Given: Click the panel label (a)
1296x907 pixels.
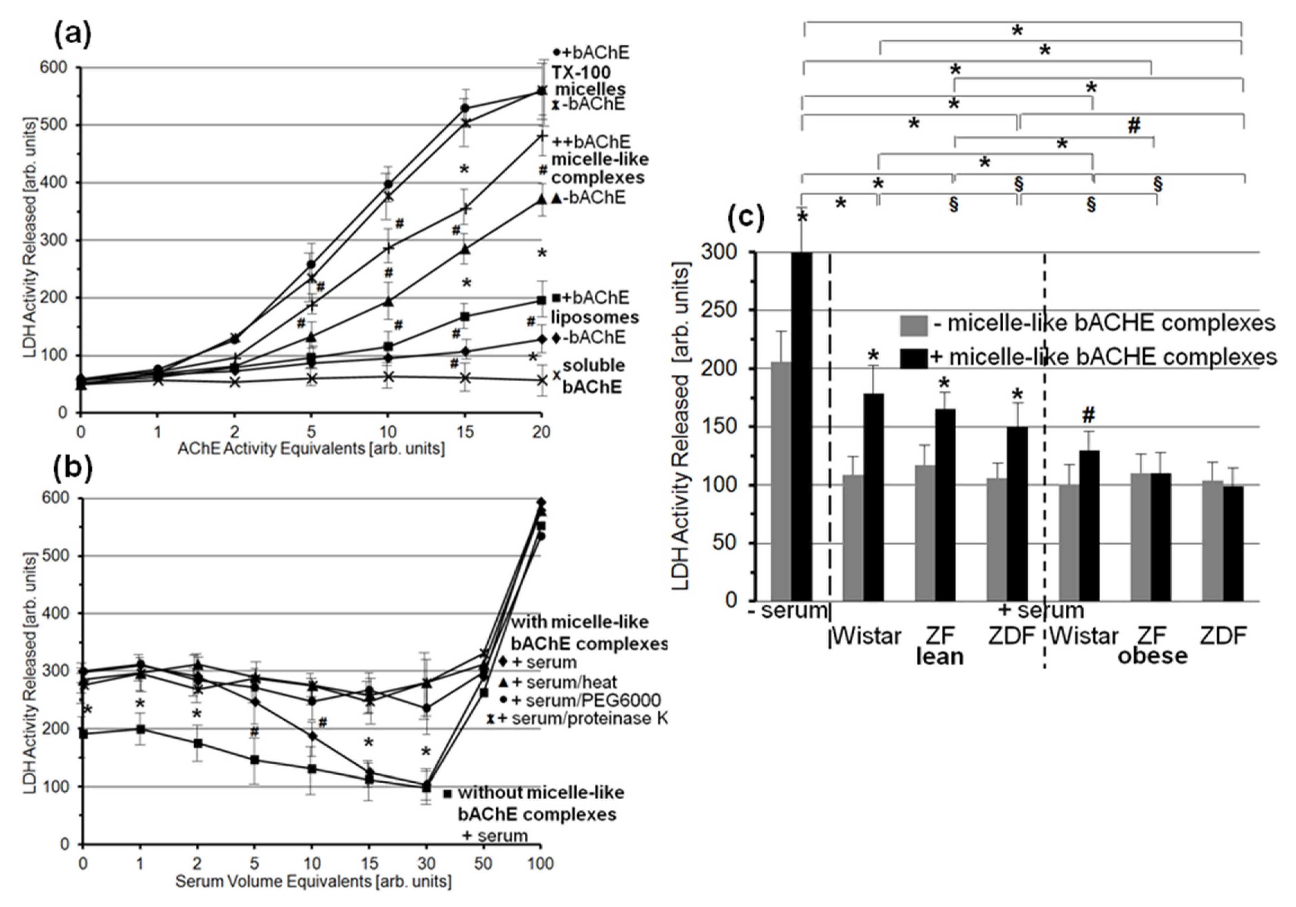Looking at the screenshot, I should click(72, 36).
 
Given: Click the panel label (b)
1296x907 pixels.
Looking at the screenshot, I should click(72, 468).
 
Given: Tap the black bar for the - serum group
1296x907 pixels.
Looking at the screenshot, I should click(801, 426).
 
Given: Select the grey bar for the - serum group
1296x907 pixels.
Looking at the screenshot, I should click(781, 481).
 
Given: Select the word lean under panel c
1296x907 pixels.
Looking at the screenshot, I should click(939, 656).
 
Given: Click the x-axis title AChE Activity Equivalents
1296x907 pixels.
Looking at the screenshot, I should click(311, 449).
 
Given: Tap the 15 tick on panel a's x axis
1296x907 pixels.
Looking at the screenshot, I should click(464, 432).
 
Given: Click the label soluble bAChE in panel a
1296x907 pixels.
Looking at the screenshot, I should click(593, 375).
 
